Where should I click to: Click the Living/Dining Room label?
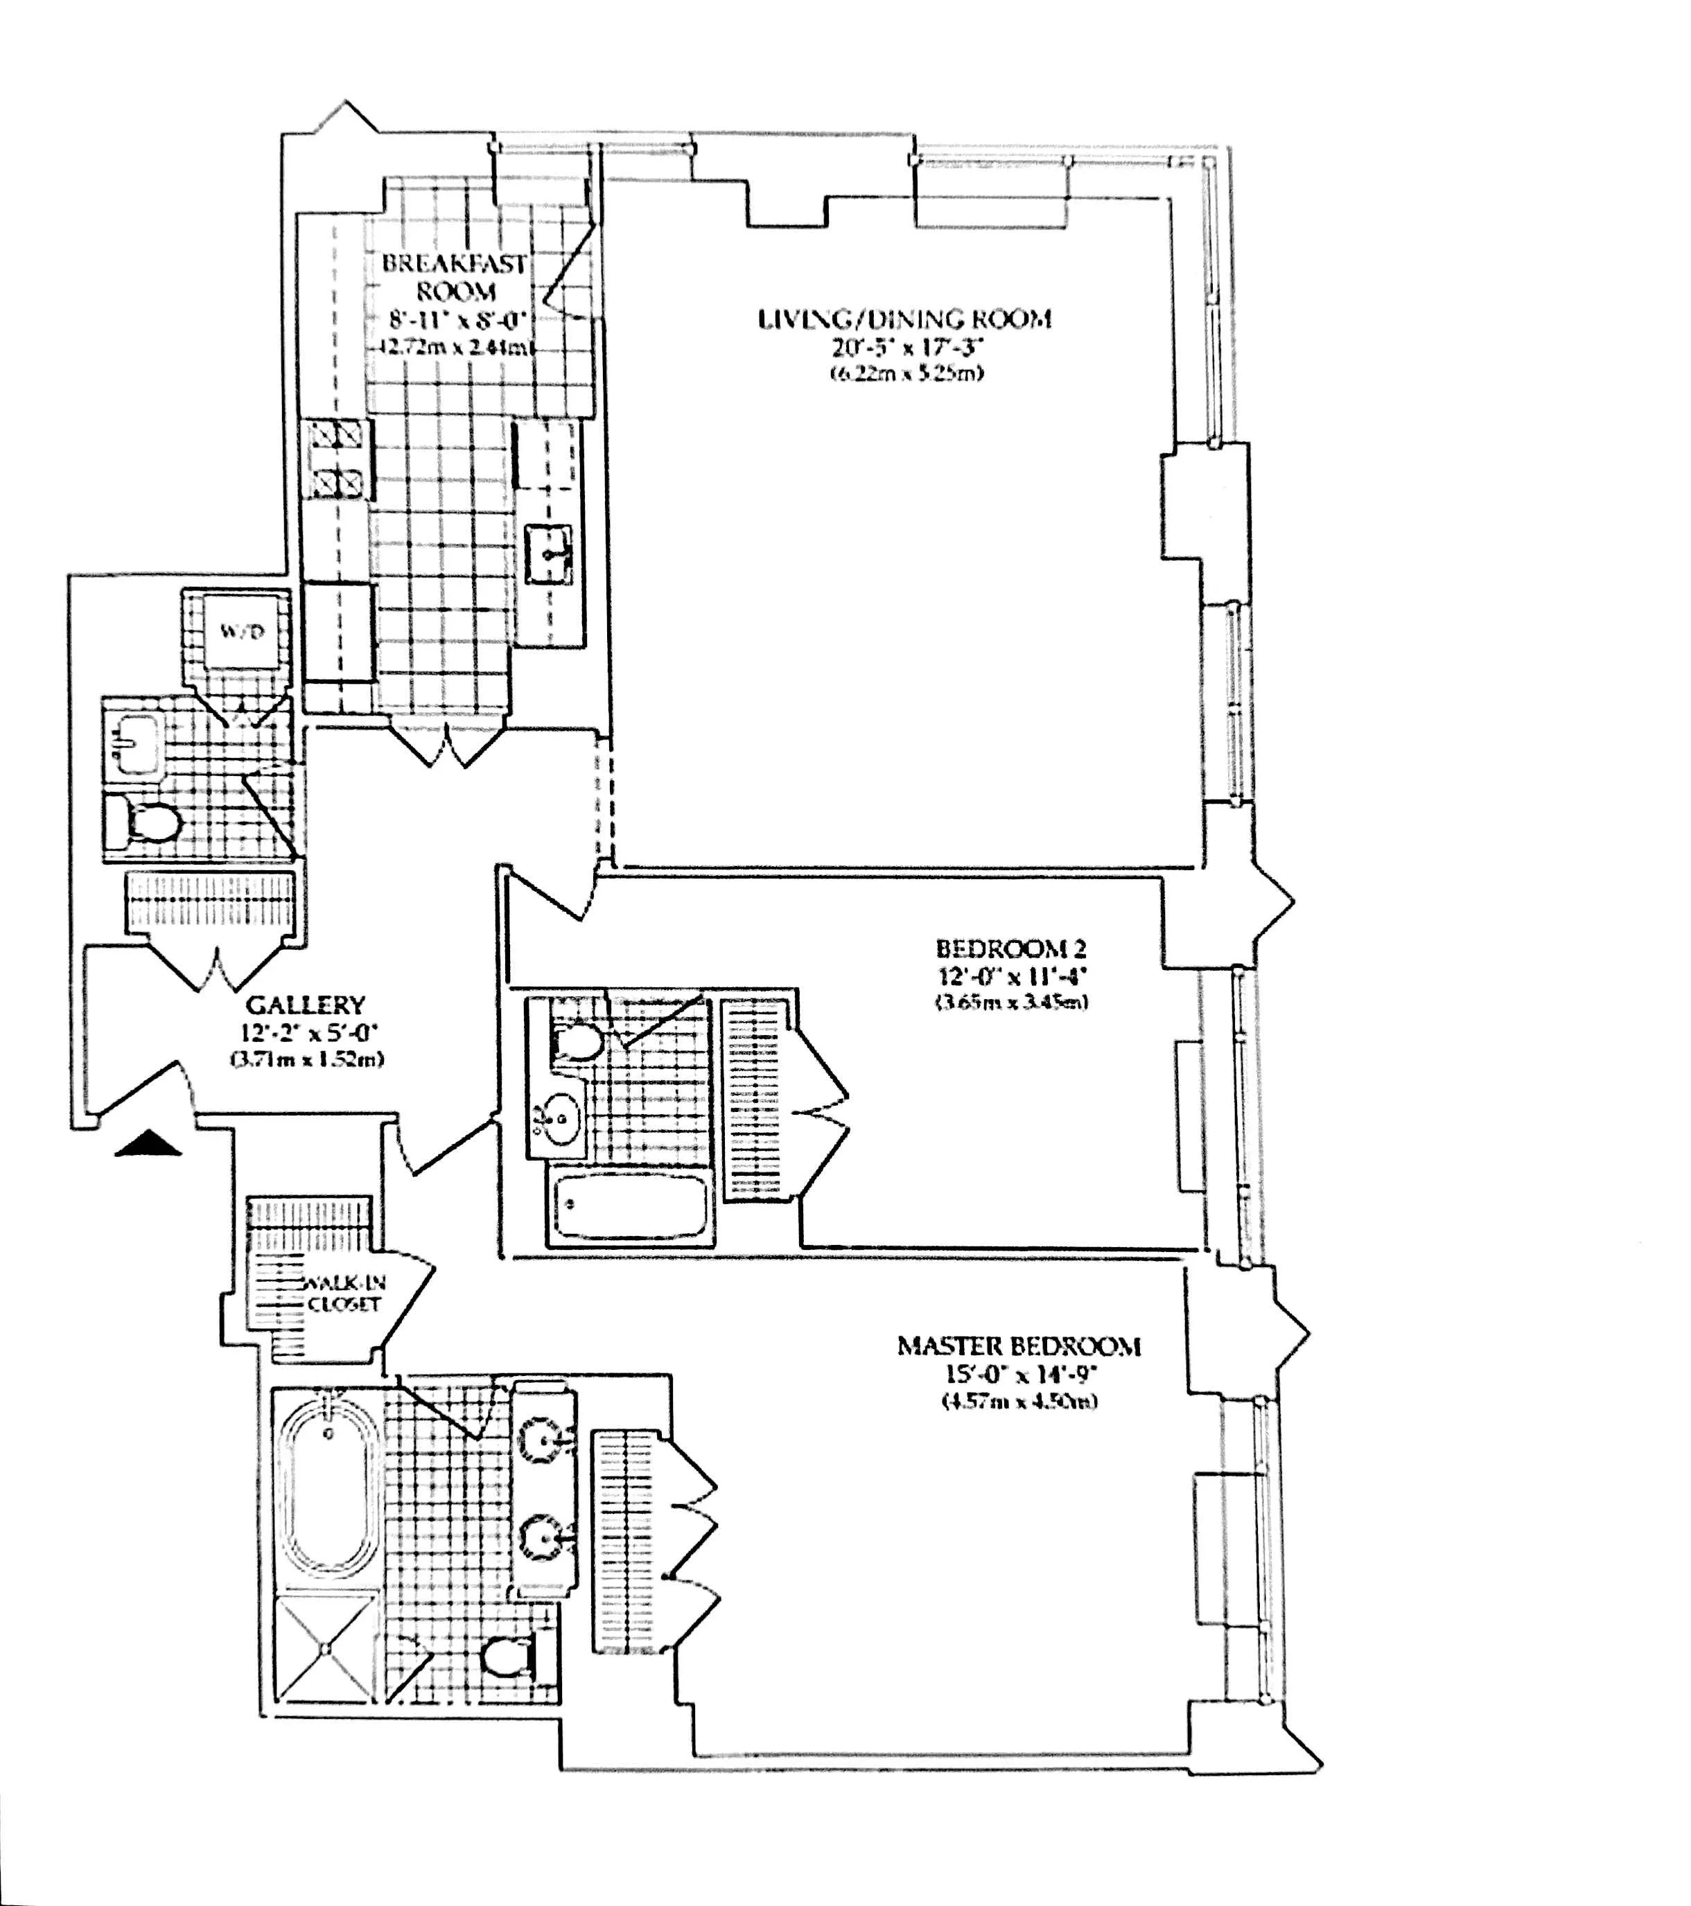904,320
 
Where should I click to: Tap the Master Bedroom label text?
1019,1346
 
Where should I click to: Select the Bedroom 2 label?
1011,949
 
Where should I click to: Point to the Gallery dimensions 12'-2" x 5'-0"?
305,1032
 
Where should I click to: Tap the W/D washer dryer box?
243,633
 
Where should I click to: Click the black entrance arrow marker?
148,1144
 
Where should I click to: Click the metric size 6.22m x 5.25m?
906,374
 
